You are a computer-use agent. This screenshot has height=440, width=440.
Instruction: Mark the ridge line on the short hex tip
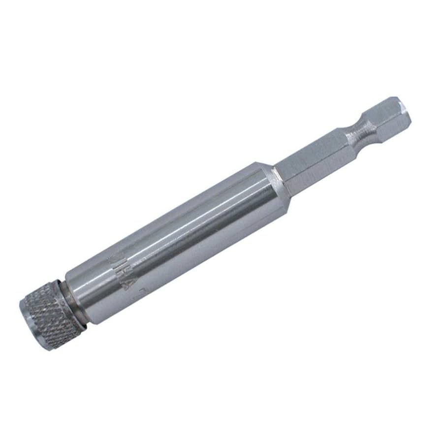[x=391, y=115]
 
